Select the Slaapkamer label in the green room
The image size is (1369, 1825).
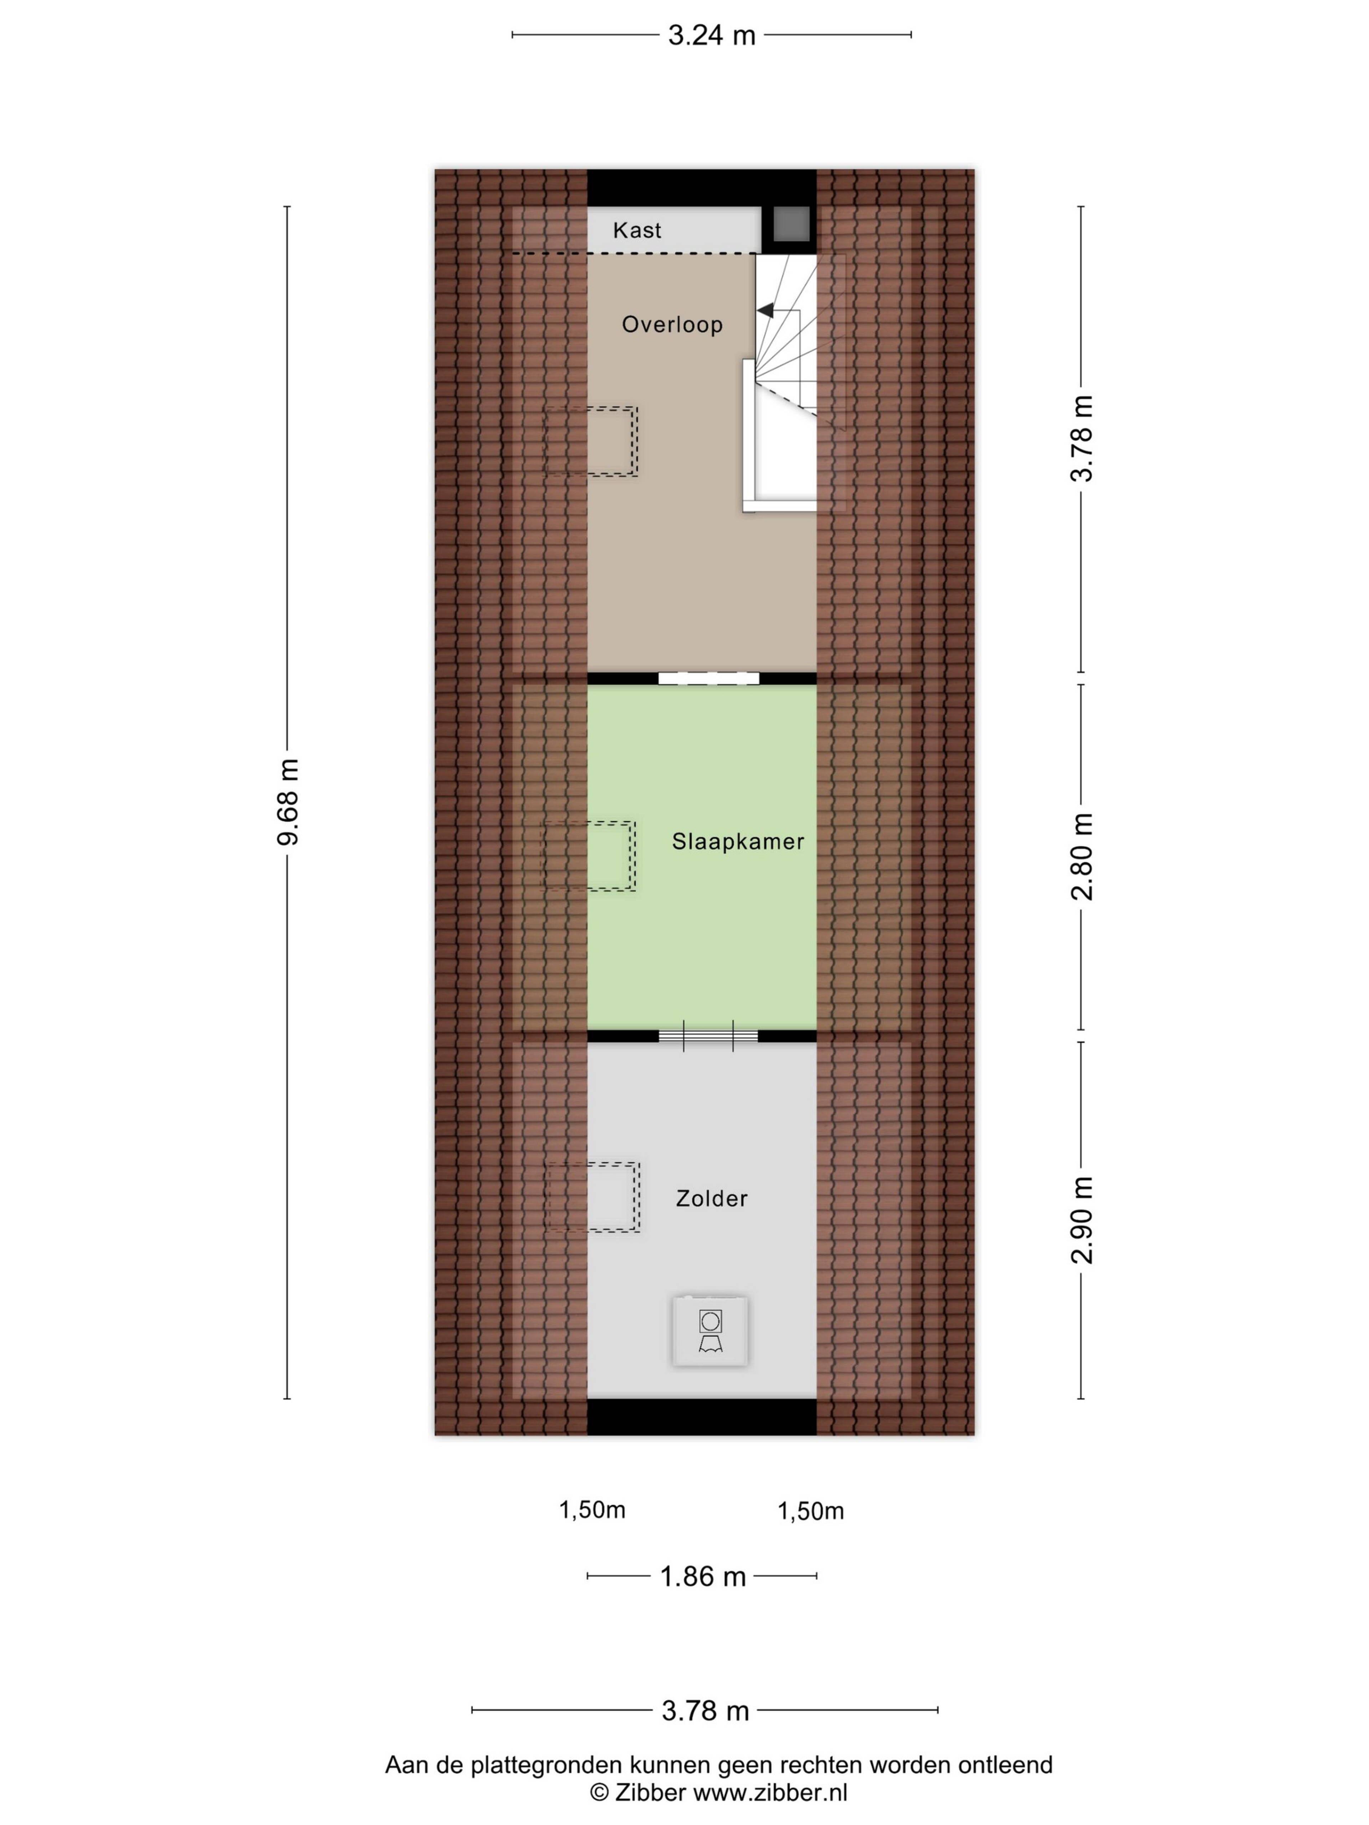click(738, 842)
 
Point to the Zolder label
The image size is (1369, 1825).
click(711, 1198)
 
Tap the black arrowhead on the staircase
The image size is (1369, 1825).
click(765, 310)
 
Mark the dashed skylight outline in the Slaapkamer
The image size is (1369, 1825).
click(588, 855)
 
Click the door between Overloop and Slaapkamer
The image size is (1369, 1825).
click(708, 678)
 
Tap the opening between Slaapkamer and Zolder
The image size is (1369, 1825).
click(708, 1036)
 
